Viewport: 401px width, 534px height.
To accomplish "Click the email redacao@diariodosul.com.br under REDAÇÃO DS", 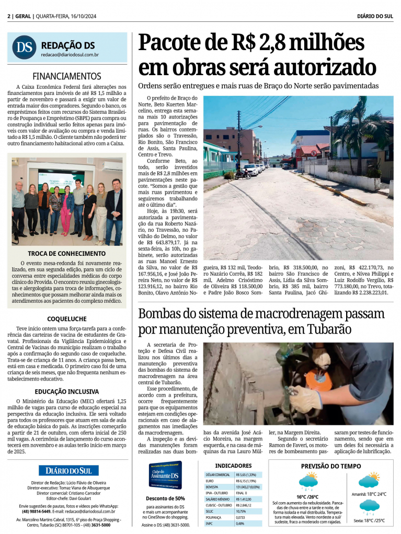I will tap(70, 54).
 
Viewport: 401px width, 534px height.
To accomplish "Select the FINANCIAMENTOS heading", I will tap(67, 76).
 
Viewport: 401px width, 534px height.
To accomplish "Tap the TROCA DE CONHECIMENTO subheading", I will tap(66, 254).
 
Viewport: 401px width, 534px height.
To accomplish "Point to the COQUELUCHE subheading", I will tap(66, 318).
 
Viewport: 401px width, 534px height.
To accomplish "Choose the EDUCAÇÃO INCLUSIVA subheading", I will tap(66, 390).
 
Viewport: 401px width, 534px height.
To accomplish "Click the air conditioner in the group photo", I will tap(111, 166).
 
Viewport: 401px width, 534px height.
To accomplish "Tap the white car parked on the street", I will tap(250, 169).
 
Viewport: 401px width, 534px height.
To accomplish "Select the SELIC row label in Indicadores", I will tap(211, 511).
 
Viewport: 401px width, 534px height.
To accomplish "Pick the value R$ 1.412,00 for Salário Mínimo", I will tap(245, 499).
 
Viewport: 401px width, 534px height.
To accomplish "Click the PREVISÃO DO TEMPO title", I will tap(331, 466).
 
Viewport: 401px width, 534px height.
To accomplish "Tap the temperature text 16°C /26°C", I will tap(307, 496).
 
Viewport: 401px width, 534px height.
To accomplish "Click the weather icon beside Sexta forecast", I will tap(369, 506).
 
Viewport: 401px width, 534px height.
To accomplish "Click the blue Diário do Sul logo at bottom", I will tap(68, 470).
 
